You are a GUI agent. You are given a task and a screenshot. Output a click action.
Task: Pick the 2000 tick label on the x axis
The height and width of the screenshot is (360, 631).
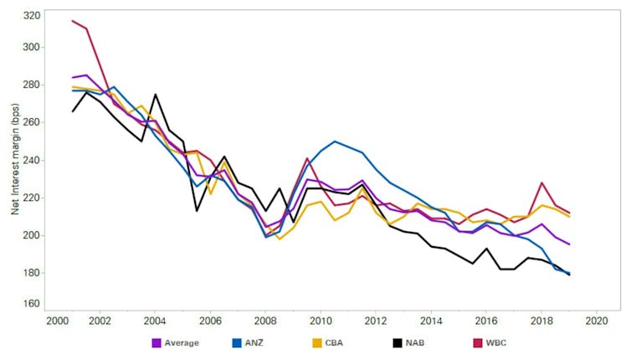[x=58, y=320]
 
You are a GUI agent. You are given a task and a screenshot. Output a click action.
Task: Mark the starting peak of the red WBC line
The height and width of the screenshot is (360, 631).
[x=73, y=21]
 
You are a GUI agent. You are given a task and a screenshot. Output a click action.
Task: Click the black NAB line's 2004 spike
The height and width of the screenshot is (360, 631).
[x=155, y=95]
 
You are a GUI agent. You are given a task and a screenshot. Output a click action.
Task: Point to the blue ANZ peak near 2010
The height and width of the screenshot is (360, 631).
[x=335, y=141]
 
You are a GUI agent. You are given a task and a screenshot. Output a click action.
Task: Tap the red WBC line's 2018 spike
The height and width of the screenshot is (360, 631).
[x=542, y=183]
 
